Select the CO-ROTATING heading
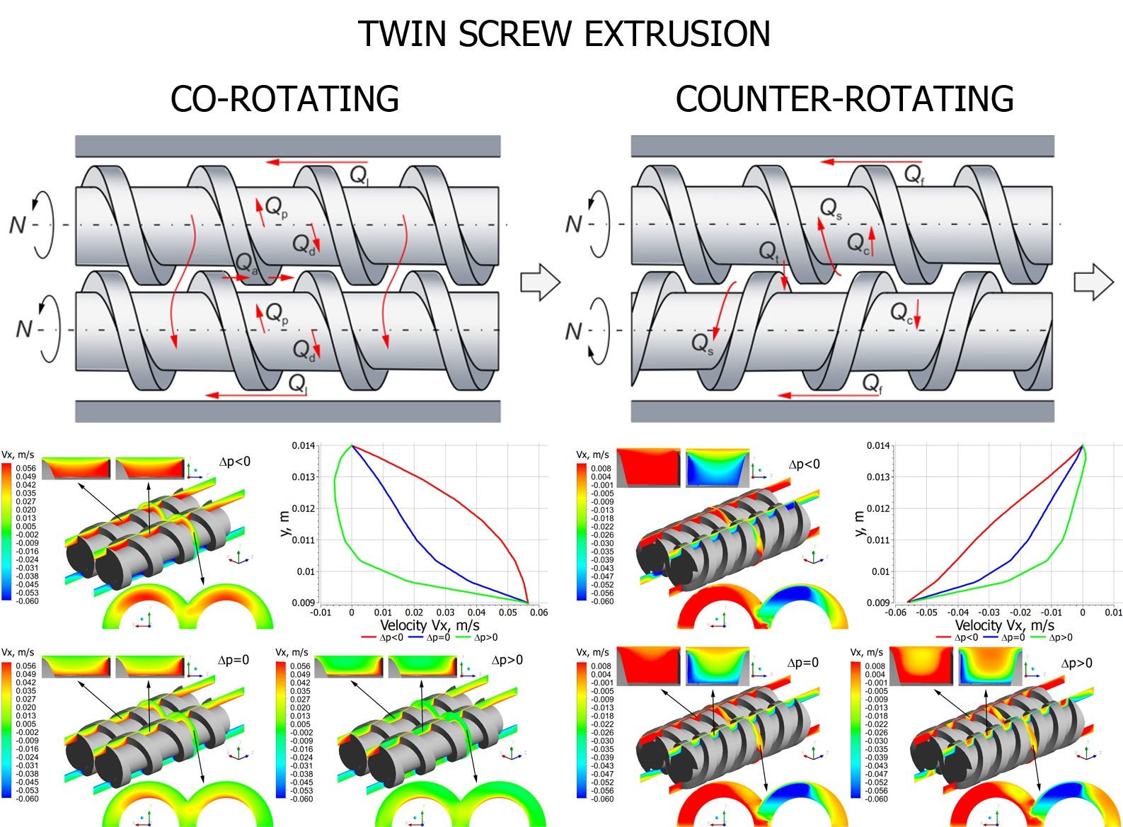284,99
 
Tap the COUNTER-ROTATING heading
844,99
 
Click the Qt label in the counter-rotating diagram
768,251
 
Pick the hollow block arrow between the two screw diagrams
540,283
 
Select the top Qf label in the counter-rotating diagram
914,174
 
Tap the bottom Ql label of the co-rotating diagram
298,384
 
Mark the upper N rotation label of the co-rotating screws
17,225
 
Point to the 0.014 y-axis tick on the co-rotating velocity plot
303,445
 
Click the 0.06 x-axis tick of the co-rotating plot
539,612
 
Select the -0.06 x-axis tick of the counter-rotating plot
896,612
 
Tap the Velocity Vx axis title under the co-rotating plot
430,625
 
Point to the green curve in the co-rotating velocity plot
336,496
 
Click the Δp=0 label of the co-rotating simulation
234,660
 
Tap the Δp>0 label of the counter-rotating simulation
1076,663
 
